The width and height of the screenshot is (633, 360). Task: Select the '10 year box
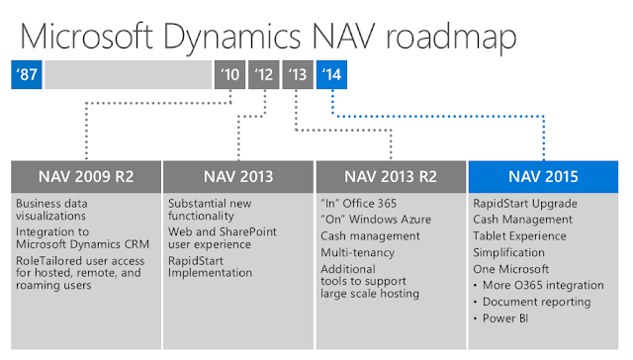tap(229, 73)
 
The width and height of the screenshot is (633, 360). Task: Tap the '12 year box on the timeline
tap(264, 73)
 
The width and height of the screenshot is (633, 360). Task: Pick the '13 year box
tap(298, 73)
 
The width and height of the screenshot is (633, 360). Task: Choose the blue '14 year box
tap(331, 73)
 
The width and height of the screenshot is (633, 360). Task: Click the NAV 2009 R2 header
tap(88, 177)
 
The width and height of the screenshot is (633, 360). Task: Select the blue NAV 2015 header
tap(543, 177)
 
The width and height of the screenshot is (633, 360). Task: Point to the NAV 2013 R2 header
tap(391, 177)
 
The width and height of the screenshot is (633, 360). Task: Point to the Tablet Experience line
tap(520, 235)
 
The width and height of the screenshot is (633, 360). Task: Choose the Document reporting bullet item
tap(538, 302)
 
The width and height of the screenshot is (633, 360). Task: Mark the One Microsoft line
tap(509, 269)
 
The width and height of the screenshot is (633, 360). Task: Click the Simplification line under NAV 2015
tap(508, 252)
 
